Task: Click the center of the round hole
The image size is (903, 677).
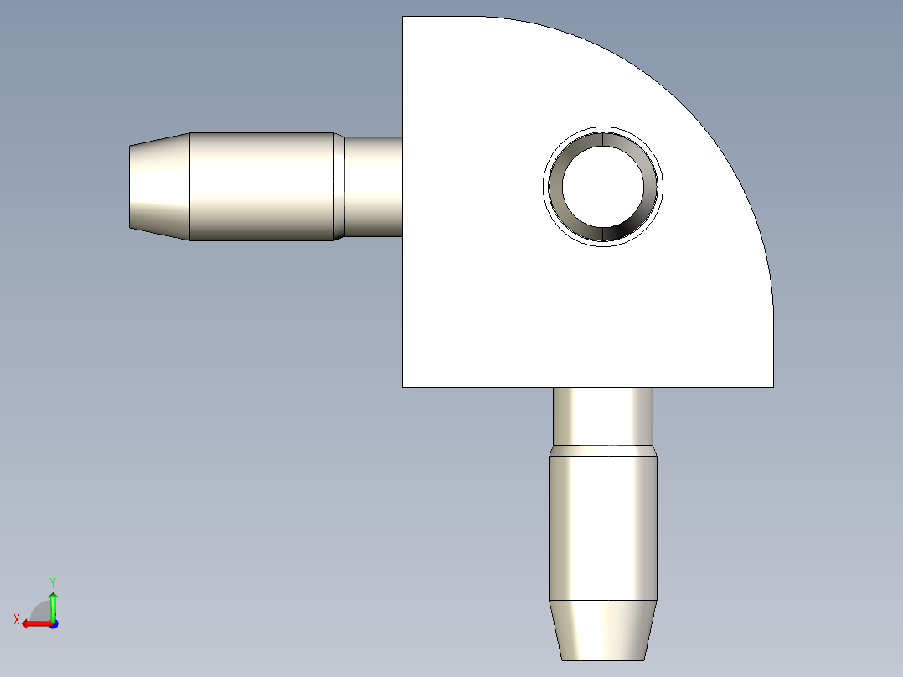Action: coord(603,187)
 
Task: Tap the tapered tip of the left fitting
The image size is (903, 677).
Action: coord(159,186)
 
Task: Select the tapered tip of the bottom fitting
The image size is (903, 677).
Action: coord(603,629)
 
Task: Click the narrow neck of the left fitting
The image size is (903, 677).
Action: coord(374,186)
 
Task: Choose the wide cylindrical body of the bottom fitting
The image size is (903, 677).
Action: coord(603,528)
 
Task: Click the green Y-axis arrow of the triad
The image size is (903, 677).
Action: coord(53,602)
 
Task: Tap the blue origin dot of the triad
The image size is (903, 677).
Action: coord(53,624)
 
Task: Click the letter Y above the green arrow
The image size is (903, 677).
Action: coord(52,581)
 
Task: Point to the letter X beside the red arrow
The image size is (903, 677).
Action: coord(16,619)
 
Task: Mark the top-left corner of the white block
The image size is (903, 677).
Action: coord(403,17)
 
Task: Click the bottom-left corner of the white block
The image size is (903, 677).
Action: coord(403,387)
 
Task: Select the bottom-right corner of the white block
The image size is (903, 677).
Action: coord(772,387)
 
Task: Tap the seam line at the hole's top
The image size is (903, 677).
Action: coord(603,138)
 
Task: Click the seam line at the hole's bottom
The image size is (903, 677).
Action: coord(603,235)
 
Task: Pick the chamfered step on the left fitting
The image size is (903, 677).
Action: coord(339,186)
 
